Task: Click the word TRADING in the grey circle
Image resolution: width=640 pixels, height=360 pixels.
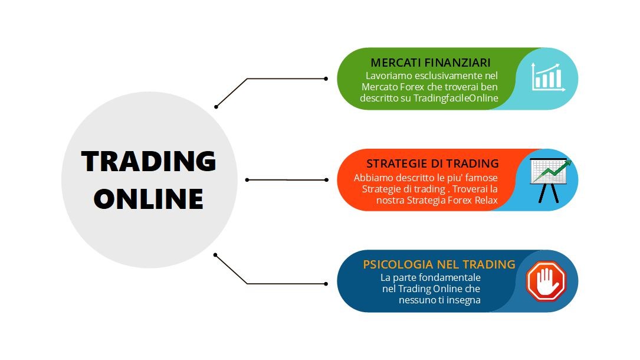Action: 149,161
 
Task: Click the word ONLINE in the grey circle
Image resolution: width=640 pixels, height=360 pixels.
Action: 149,199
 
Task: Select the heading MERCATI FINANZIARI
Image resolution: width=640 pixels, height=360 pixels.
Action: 431,63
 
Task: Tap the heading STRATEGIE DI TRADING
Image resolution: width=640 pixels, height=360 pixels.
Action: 432,163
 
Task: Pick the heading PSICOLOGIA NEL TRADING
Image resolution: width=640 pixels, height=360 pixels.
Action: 439,264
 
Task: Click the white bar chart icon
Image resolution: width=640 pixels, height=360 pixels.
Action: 548,77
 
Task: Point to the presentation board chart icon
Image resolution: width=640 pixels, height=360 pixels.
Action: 549,180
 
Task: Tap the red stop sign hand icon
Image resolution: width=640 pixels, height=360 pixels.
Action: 546,282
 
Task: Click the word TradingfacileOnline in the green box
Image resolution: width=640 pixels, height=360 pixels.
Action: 456,98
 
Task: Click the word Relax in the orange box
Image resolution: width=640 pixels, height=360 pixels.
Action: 486,201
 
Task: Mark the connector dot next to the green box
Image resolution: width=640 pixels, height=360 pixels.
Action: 326,78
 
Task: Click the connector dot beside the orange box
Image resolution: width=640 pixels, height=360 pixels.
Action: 326,180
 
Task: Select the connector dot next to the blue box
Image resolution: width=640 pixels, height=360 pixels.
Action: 326,284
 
